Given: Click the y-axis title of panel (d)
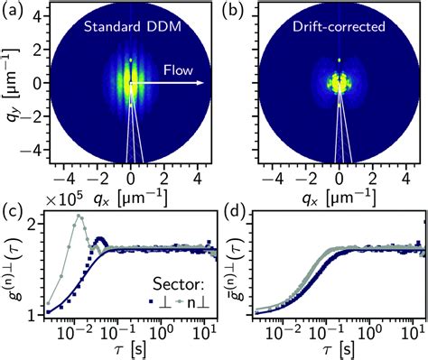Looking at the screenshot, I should click(230, 265).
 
